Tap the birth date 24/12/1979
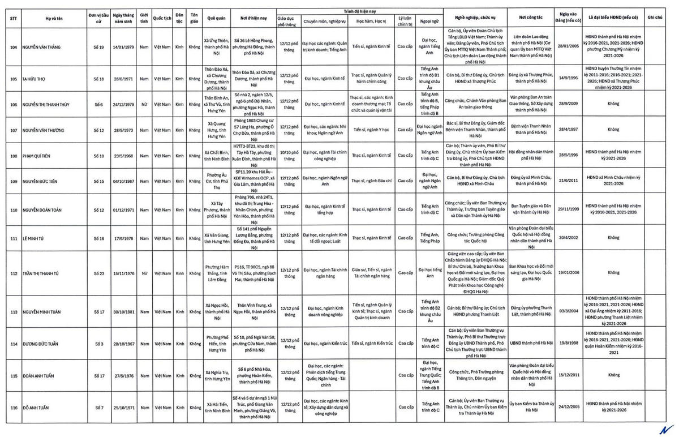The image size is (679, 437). click(123, 104)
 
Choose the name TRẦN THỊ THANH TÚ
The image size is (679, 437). click(41, 272)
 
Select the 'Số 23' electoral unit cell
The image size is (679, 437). click(100, 272)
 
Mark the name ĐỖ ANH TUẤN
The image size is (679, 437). click(37, 407)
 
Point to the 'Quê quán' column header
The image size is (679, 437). click(216, 18)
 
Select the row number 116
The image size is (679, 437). click(14, 407)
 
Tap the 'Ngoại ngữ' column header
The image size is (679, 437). click(430, 22)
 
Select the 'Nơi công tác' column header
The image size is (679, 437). click(527, 18)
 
